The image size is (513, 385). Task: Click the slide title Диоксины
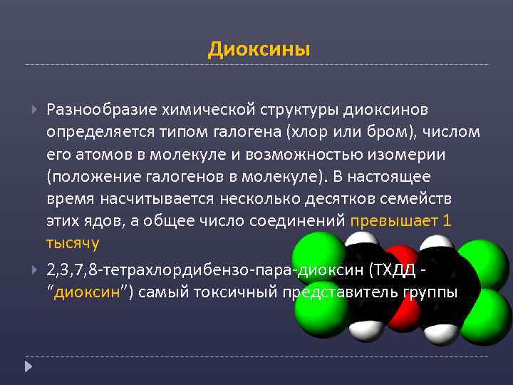259,49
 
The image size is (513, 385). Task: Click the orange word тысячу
73,242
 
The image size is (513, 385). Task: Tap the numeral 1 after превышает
447,220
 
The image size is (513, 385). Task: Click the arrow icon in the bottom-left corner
28,366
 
